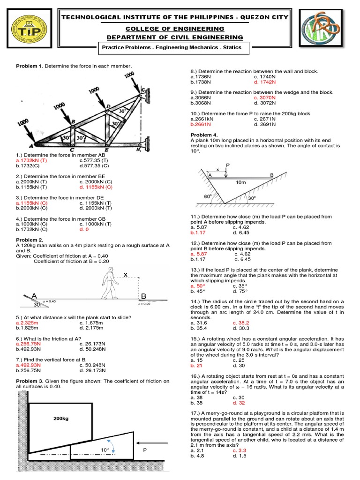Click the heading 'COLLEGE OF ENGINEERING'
point(175,29)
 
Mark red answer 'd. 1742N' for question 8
point(265,82)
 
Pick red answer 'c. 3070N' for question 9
point(265,97)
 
